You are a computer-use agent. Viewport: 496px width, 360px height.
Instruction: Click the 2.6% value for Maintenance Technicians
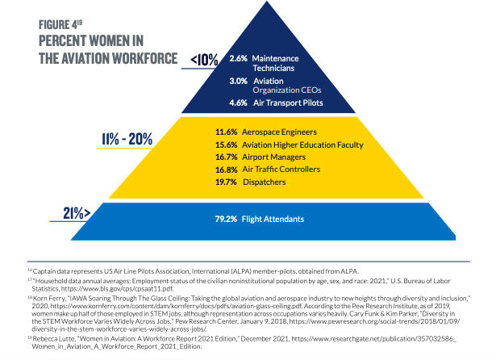pos(238,59)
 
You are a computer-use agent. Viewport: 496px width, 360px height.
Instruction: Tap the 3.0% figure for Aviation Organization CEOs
pos(238,82)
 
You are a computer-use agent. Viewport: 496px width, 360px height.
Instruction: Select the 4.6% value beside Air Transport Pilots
pos(238,103)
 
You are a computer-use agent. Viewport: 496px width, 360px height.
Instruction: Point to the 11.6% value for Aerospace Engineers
pos(227,131)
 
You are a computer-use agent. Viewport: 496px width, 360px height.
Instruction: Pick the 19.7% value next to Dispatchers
pos(227,182)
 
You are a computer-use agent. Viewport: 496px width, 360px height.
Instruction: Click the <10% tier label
pos(204,60)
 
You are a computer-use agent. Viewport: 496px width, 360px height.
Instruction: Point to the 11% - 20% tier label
pos(127,138)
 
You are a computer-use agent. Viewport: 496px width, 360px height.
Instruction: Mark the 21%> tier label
pos(80,213)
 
